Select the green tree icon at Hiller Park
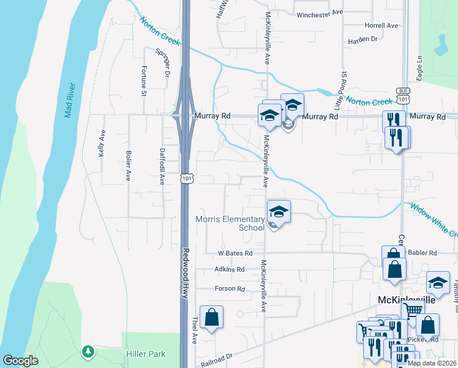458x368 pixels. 88,351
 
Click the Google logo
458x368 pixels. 20,361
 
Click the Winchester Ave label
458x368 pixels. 319,13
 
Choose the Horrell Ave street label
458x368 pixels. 381,26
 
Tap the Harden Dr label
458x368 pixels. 362,39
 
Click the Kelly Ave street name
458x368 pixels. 102,144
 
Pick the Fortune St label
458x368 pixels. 144,81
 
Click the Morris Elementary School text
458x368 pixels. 230,223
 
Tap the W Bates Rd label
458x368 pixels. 235,253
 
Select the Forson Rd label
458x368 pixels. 230,288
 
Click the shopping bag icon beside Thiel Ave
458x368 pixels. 211,318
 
